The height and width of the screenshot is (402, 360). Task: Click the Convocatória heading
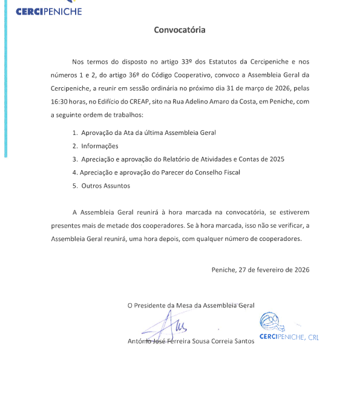pyautogui.click(x=179, y=30)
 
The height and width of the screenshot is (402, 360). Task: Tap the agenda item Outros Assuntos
pyautogui.click(x=105, y=186)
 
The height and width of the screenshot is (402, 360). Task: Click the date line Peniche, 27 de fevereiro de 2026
pyautogui.click(x=260, y=269)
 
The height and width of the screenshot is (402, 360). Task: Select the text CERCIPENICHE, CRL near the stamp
pyautogui.click(x=289, y=337)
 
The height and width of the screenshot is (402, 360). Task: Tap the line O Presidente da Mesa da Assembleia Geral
pyautogui.click(x=191, y=306)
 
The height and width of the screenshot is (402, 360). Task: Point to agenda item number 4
pyautogui.click(x=74, y=173)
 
